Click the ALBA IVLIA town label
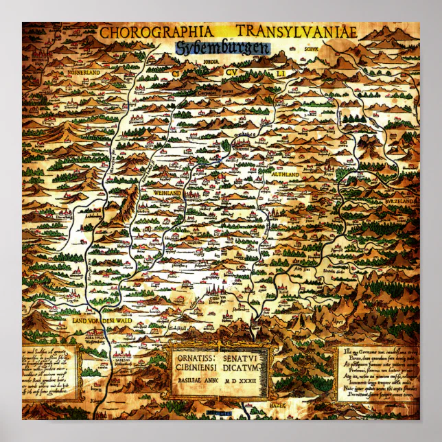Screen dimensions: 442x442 point(90,338)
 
